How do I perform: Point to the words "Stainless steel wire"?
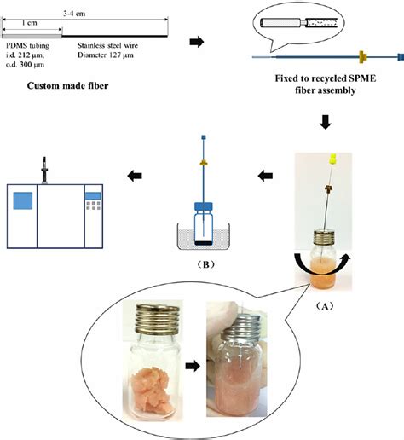107,46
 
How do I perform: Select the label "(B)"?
204,263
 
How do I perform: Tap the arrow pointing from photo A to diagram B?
266,177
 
